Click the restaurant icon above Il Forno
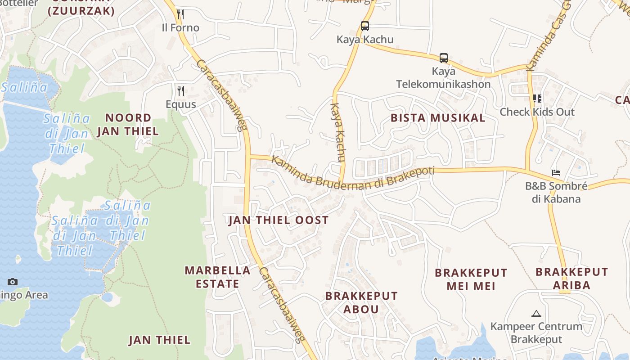[x=180, y=14]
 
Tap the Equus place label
[x=181, y=104]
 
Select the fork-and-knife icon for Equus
[x=180, y=91]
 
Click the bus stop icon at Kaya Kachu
[x=365, y=26]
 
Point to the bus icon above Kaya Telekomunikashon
[x=444, y=58]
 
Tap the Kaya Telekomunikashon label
[x=443, y=78]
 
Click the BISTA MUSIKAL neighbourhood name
[x=438, y=118]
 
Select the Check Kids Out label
[x=537, y=112]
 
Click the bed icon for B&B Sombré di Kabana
[x=556, y=173]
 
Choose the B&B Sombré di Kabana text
[x=556, y=192]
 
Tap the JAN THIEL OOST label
[x=279, y=220]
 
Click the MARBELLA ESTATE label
[x=218, y=277]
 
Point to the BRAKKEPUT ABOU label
[x=361, y=302]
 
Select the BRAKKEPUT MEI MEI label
[x=471, y=279]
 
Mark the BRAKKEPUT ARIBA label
[x=571, y=278]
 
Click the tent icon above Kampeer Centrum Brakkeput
[x=536, y=314]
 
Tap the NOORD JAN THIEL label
[x=128, y=124]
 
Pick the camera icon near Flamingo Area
[x=13, y=282]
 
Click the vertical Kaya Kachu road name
[x=337, y=133]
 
